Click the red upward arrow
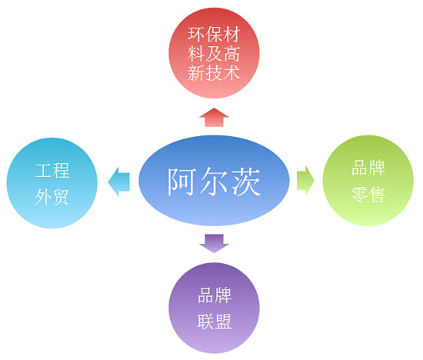click(x=214, y=118)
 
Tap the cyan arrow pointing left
click(x=119, y=182)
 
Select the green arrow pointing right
click(x=305, y=180)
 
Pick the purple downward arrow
click(x=214, y=243)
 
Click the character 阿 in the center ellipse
click(x=181, y=181)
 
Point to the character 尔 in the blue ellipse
click(x=214, y=181)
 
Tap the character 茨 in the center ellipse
click(x=247, y=181)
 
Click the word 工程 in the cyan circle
click(x=52, y=170)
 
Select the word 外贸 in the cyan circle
click(x=52, y=196)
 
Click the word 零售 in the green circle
click(x=368, y=195)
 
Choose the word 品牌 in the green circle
click(x=368, y=168)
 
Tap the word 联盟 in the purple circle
click(x=215, y=321)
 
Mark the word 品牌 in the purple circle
click(x=215, y=295)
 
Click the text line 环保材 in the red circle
click(x=214, y=35)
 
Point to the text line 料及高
click(x=214, y=54)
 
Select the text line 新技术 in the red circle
click(x=214, y=72)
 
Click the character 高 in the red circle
click(x=231, y=54)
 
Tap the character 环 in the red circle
click(x=196, y=35)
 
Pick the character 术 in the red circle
click(x=231, y=72)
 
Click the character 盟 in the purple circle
click(x=224, y=321)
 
